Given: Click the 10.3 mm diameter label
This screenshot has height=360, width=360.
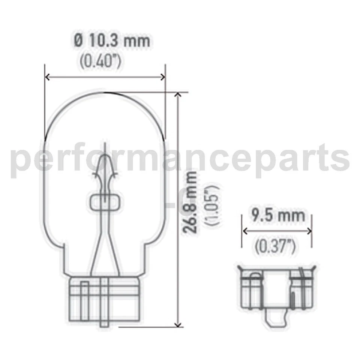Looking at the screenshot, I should [112, 40].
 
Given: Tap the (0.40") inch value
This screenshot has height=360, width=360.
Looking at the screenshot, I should [100, 61].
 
